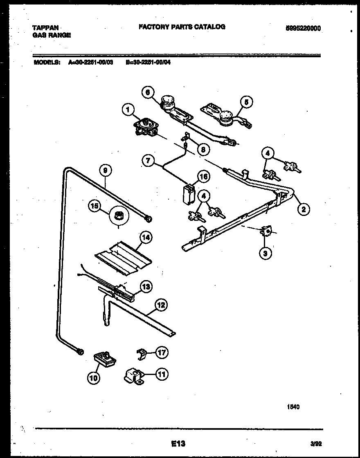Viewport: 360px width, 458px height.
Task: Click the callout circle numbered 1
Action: click(x=128, y=109)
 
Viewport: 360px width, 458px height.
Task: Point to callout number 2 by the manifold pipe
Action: click(x=303, y=209)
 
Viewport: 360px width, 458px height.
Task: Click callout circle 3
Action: click(x=265, y=254)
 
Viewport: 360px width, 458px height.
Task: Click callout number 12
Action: click(x=161, y=304)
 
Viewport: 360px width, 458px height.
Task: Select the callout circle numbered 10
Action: click(x=94, y=378)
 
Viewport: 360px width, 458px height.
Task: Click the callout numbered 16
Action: click(x=203, y=177)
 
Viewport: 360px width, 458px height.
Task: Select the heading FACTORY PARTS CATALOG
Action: click(x=182, y=27)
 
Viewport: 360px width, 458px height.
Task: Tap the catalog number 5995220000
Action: click(x=303, y=28)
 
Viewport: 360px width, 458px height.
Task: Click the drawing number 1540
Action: click(x=293, y=407)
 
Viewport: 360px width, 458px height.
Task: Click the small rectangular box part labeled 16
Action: click(x=188, y=194)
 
